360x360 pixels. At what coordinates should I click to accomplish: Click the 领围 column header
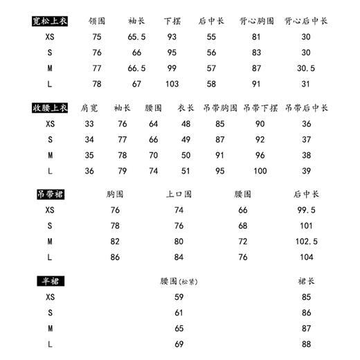(x=96, y=21)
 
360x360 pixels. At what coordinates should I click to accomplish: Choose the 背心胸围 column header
(x=255, y=21)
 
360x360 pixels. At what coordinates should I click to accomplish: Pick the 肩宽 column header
(x=89, y=108)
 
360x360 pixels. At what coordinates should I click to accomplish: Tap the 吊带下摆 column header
(x=260, y=108)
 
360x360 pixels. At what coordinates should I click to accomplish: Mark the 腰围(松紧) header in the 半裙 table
(x=179, y=282)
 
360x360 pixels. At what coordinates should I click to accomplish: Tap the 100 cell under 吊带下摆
(x=260, y=171)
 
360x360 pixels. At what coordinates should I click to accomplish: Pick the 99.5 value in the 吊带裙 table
(x=306, y=210)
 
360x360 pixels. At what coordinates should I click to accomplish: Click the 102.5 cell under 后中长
(x=306, y=242)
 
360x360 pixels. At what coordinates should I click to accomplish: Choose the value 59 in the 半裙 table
(x=179, y=298)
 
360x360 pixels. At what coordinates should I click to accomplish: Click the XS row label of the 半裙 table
(x=50, y=298)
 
